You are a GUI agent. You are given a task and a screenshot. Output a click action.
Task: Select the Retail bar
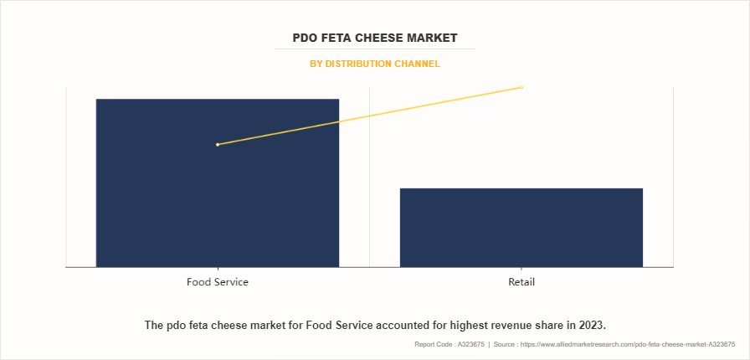coord(521,227)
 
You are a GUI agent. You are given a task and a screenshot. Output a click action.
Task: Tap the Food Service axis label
coord(218,282)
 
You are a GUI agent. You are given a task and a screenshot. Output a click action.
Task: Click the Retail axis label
coord(521,282)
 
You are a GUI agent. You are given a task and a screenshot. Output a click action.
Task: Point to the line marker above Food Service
coord(218,145)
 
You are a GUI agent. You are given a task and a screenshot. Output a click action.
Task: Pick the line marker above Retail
coord(521,87)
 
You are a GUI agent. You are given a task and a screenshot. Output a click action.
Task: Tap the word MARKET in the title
coord(439,39)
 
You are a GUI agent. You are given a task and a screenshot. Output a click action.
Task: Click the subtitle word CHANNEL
coord(419,64)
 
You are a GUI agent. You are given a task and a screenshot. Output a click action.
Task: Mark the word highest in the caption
coord(453,324)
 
